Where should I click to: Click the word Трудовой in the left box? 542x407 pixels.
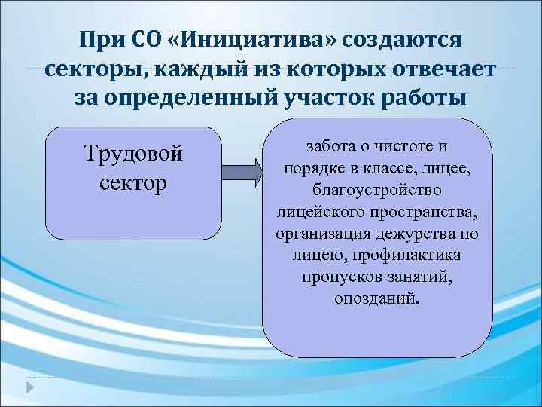coord(134,154)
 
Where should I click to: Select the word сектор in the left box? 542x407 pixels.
coord(134,183)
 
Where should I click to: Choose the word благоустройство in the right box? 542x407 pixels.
coord(377,186)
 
